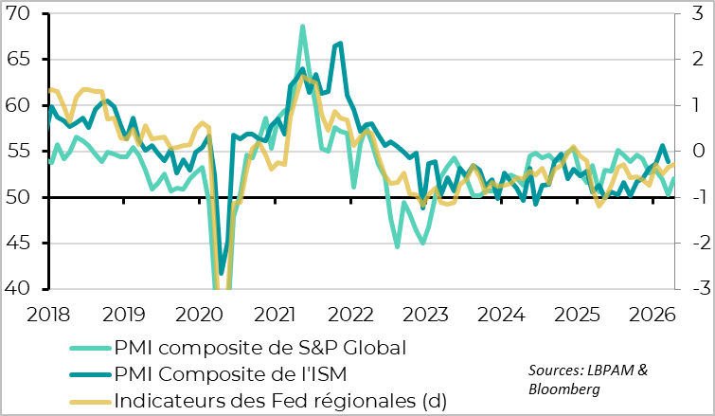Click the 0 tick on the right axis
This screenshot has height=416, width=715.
click(694, 152)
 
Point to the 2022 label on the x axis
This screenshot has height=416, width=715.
click(350, 314)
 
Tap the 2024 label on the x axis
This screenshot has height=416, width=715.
click(501, 314)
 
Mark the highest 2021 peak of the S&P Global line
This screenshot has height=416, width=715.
click(302, 27)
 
